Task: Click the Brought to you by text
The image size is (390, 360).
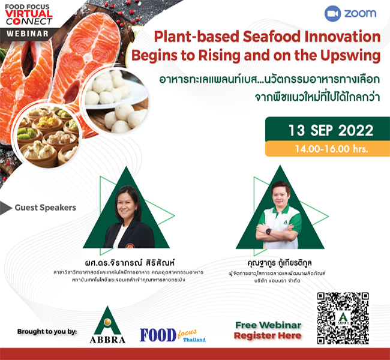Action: [46, 331]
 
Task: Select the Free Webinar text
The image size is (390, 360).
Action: [268, 325]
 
